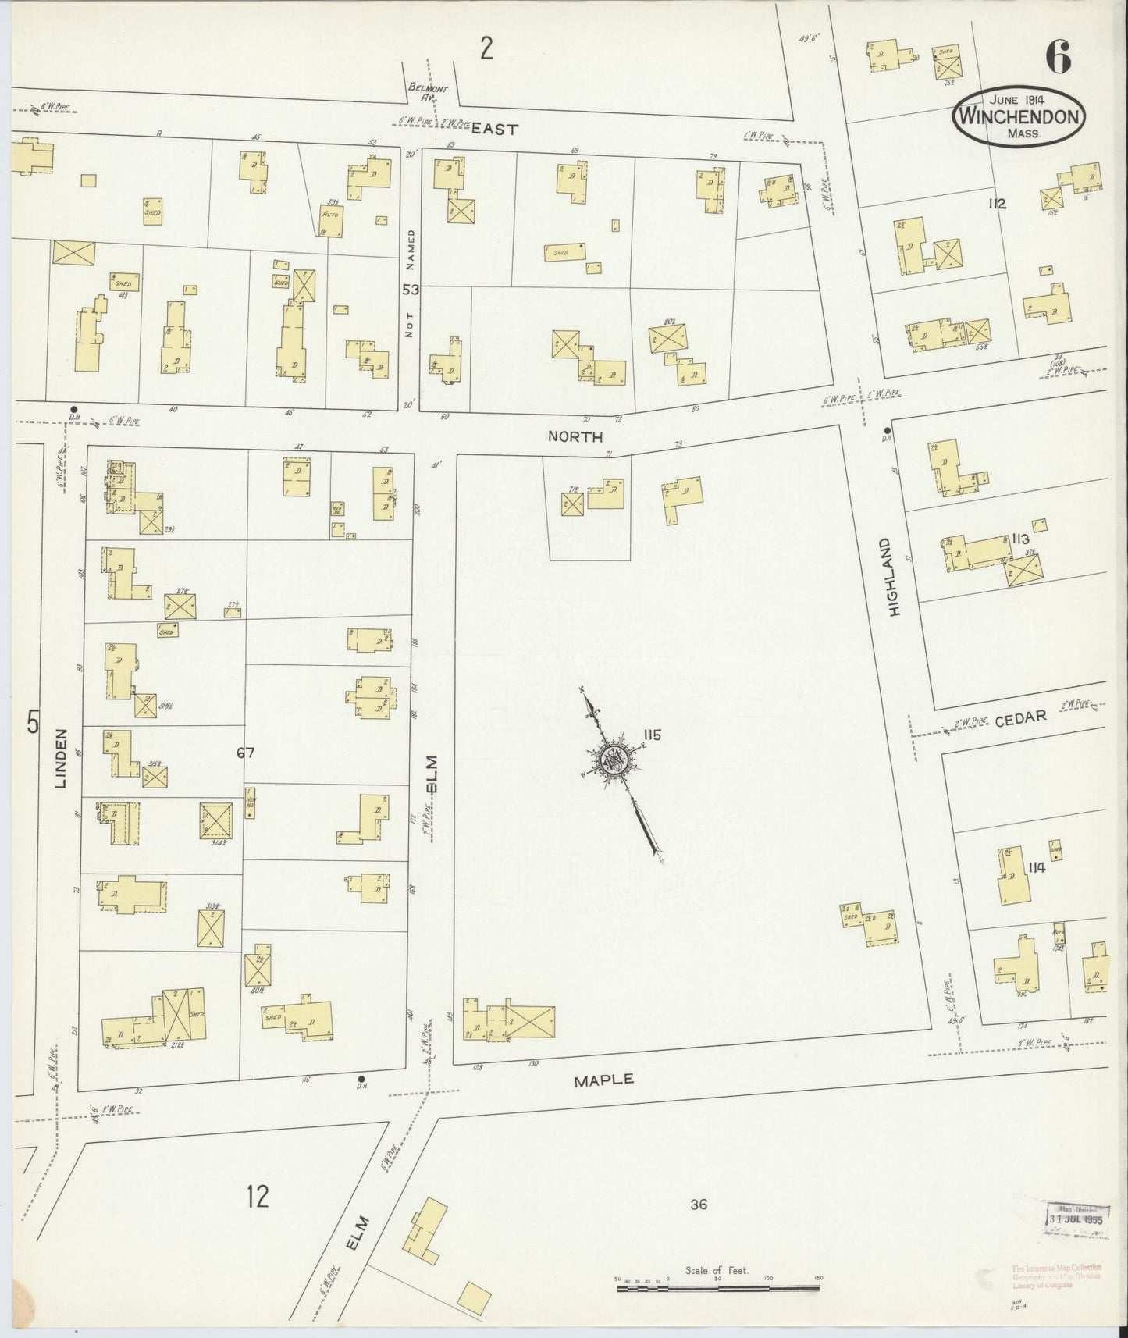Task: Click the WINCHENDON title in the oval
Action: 1019,118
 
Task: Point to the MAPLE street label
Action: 603,1080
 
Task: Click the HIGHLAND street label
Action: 895,577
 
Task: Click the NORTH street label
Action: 575,438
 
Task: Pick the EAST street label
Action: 495,130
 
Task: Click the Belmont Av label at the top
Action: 428,93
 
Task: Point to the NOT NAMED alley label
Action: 410,283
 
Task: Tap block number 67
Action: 246,753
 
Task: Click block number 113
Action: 1019,539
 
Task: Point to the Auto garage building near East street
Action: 333,221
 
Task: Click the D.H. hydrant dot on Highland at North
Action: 888,430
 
